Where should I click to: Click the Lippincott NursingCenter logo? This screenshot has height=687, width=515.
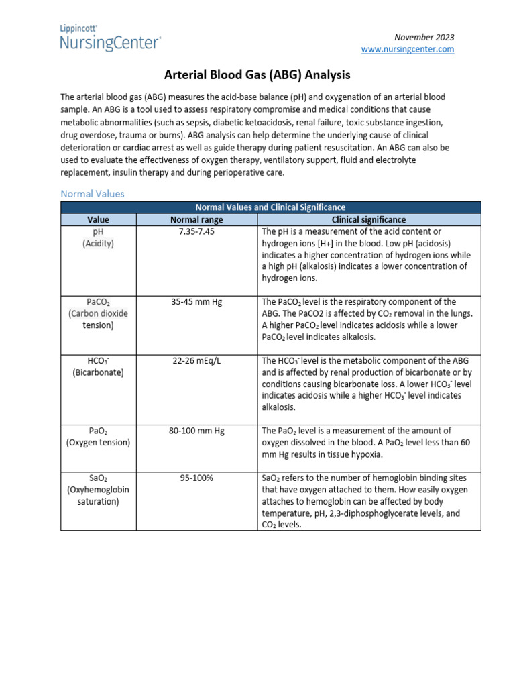coord(111,38)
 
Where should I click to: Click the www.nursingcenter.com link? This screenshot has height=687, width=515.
coord(408,49)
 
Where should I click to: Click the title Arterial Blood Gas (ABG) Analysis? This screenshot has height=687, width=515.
coord(257,76)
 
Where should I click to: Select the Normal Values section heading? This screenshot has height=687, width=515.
coord(93,193)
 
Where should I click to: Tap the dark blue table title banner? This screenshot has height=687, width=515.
coord(270,207)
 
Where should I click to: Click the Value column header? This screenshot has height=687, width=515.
coord(98,219)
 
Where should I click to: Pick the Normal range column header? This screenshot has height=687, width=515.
coord(196,219)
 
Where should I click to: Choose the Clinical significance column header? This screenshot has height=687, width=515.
coord(369,219)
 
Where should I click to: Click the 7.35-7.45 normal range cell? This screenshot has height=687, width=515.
coord(196,231)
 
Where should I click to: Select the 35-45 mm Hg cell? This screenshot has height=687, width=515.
coord(196,302)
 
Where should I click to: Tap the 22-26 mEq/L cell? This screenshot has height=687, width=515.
coord(196,360)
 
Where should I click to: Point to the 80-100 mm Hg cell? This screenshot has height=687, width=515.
coord(196,431)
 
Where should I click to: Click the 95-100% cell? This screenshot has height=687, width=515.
coord(196,478)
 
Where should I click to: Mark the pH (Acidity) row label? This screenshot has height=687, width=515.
coord(98,237)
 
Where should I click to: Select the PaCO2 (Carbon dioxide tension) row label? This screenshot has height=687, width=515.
coord(98,313)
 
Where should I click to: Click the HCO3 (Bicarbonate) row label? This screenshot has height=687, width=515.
coord(98,366)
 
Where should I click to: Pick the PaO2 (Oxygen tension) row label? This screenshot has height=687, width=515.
coord(98,437)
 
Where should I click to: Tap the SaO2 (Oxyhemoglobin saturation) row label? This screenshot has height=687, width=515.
coord(98,490)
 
